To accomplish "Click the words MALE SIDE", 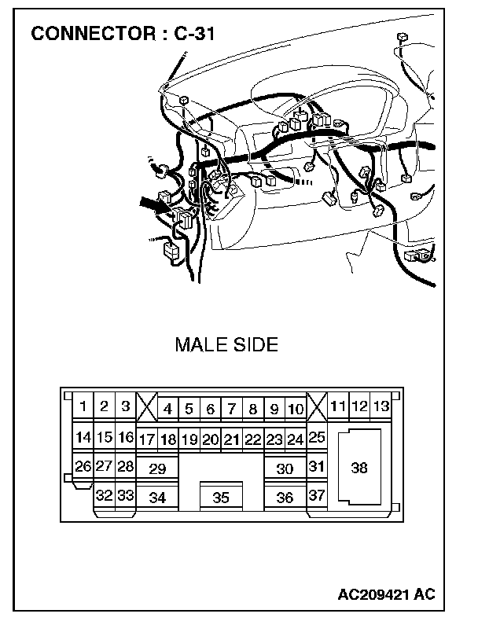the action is pos(226,345).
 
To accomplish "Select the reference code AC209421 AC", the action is pos(388,593).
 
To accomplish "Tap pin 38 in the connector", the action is pos(359,468).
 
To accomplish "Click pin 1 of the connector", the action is pos(83,406).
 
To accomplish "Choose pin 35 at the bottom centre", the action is pos(221,498).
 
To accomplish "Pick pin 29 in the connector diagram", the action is pos(157,469).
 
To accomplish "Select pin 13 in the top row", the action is pos(381,406).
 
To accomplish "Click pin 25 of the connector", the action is pos(317,437).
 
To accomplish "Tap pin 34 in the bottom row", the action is pos(157,498).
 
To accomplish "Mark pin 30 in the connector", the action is pos(285,469).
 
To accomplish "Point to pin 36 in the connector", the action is pos(285,498).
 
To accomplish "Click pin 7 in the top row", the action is pos(231,409).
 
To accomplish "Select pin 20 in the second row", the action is pos(210,439).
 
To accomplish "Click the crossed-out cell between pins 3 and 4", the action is pos(146,407).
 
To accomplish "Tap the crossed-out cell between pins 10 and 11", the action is pos(317,407).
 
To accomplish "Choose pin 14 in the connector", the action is pos(83,437).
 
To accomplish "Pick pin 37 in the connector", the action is pos(317,496).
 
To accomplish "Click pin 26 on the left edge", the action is pos(83,466).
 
